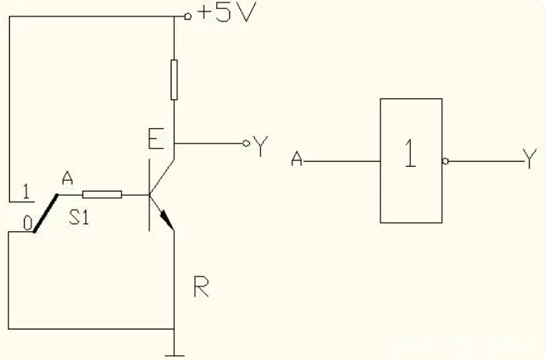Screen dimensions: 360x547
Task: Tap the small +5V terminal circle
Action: [187, 15]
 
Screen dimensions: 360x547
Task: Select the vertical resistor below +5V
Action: [174, 79]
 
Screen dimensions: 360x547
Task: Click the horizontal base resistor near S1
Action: [104, 195]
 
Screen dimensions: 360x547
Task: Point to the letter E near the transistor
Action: [155, 138]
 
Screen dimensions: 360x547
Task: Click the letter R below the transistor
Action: [200, 287]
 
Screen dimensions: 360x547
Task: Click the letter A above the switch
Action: [67, 178]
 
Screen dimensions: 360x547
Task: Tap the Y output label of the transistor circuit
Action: [261, 147]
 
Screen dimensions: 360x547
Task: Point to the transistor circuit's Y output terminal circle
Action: [245, 144]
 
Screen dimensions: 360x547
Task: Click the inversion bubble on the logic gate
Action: [446, 161]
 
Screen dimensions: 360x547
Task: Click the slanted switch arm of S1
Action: [45, 213]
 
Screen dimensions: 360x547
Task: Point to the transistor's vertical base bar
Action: [149, 200]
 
